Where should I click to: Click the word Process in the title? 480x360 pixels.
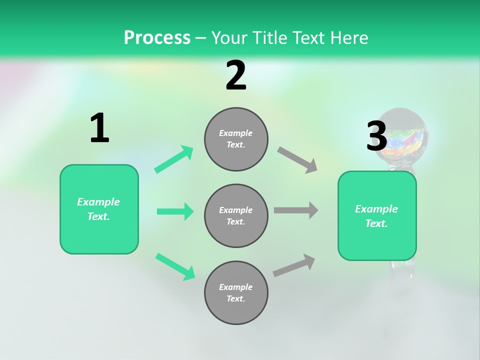[157, 37]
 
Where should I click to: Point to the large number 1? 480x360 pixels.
[99, 128]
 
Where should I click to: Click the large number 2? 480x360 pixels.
[236, 75]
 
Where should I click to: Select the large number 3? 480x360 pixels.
[376, 136]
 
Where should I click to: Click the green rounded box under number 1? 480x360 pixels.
[99, 209]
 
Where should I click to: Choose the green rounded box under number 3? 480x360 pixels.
[377, 215]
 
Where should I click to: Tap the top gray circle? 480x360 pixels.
[236, 139]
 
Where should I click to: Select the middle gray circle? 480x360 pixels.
[236, 215]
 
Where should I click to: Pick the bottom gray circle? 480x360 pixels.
[236, 292]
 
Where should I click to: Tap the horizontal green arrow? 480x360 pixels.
[175, 211]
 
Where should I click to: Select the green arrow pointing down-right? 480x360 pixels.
[175, 266]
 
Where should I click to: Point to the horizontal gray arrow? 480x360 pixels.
[296, 210]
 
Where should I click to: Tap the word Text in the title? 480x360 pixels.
[308, 37]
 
